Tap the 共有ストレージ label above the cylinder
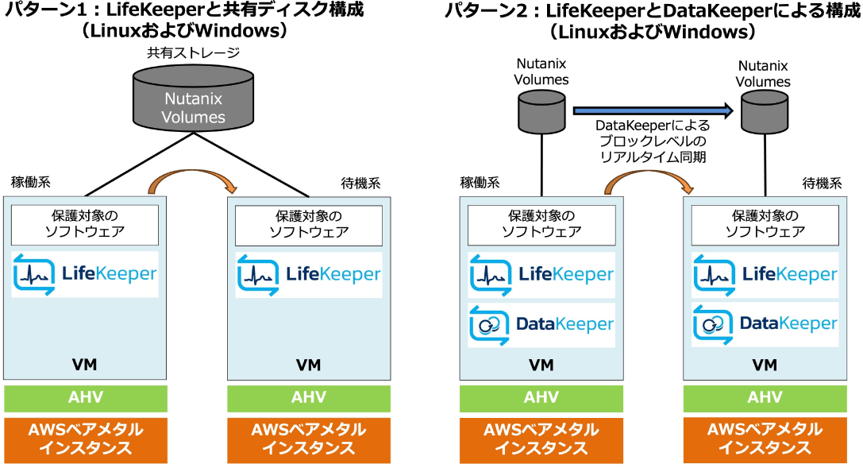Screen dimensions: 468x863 [x=193, y=53]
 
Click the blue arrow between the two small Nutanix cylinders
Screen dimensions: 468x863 [x=651, y=110]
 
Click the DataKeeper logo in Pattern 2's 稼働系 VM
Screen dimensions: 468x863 [x=541, y=324]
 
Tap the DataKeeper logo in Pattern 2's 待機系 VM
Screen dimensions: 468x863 [x=765, y=324]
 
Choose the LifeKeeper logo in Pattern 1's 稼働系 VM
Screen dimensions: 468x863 [x=85, y=275]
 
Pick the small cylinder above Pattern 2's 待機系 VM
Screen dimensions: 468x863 [x=764, y=111]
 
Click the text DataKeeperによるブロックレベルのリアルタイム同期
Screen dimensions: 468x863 [x=653, y=141]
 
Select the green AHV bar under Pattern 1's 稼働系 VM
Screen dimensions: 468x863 [x=85, y=397]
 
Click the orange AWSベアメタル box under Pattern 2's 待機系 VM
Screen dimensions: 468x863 [x=765, y=439]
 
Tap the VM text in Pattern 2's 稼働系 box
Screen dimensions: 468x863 [x=541, y=365]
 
